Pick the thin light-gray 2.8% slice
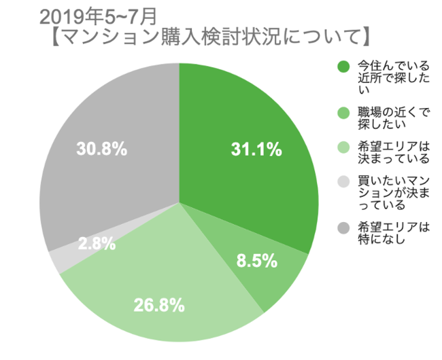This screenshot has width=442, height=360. tap(57, 262)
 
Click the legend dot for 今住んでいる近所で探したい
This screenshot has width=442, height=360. tap(343, 67)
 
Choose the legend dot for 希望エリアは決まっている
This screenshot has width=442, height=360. tap(343, 147)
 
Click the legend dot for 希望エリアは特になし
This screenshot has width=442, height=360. tap(343, 227)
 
